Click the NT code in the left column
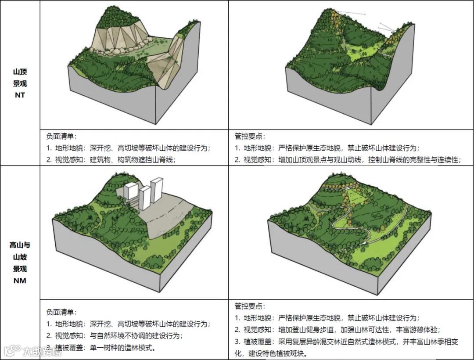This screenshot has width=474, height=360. (x=20, y=95)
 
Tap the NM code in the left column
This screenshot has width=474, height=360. (x=20, y=280)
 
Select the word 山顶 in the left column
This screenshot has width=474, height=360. (x=20, y=72)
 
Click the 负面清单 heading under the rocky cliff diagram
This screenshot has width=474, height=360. (x=61, y=137)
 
